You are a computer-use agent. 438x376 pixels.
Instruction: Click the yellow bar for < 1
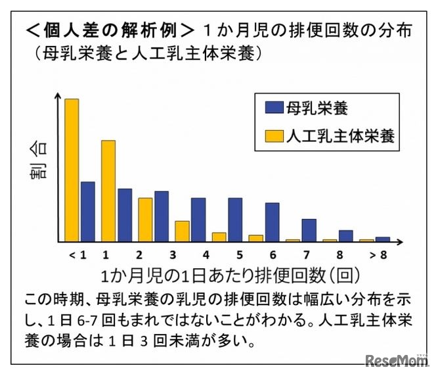tap(72, 170)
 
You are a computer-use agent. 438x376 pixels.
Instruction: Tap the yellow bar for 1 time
tap(108, 191)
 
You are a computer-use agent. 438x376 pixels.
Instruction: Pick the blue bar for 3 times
tap(162, 216)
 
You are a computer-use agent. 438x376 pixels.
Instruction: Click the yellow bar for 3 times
tap(182, 231)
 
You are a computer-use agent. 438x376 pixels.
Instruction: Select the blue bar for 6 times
tap(272, 222)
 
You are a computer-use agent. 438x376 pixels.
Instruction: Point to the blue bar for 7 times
tap(309, 229)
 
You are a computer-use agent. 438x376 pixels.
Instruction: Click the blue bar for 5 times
tap(235, 219)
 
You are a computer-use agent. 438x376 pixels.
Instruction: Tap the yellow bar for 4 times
tap(219, 237)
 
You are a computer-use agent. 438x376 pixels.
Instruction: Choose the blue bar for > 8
tap(383, 239)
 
